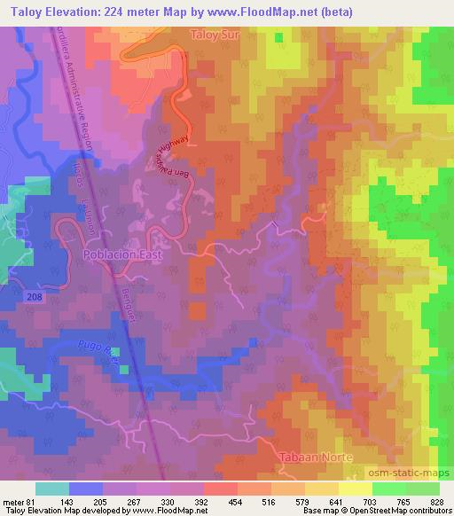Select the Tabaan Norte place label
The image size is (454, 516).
[317, 457]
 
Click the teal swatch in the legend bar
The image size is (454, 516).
[52, 489]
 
